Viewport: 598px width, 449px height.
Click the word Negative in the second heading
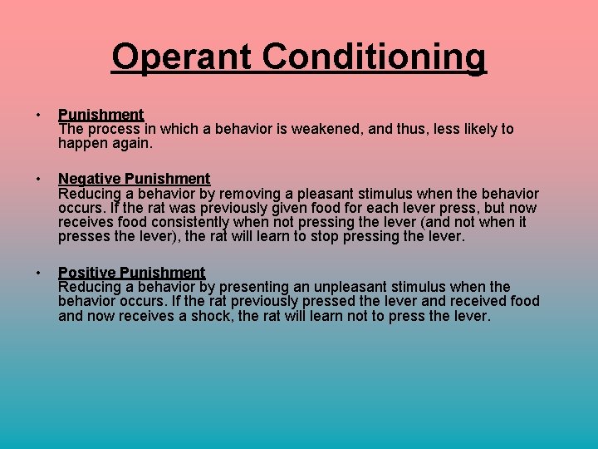coord(89,178)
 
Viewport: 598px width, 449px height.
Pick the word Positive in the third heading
coord(87,272)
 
